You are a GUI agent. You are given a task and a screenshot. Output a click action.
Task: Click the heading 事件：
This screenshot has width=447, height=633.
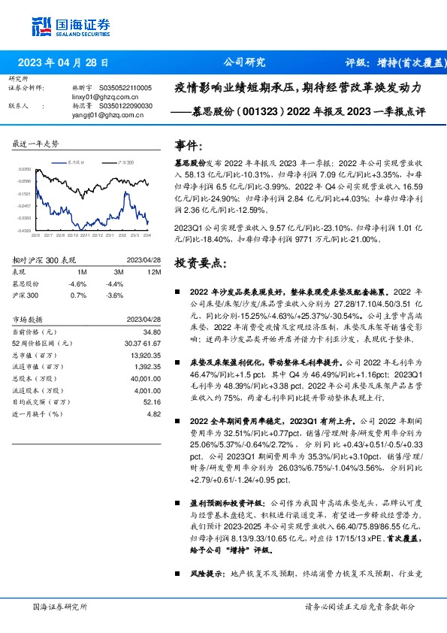click(189, 144)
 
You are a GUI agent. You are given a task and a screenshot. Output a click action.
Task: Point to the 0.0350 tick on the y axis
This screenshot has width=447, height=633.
click(25, 170)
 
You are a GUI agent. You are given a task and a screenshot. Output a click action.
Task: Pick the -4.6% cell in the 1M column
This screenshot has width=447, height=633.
click(77, 283)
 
